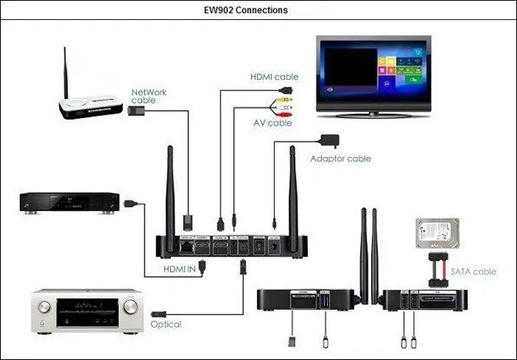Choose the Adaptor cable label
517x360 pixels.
tap(341, 158)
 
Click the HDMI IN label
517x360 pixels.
tap(184, 269)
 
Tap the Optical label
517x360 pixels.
tap(165, 324)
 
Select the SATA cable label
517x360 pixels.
tap(474, 272)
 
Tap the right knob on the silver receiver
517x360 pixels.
tap(130, 307)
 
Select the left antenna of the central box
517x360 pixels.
tap(171, 200)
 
